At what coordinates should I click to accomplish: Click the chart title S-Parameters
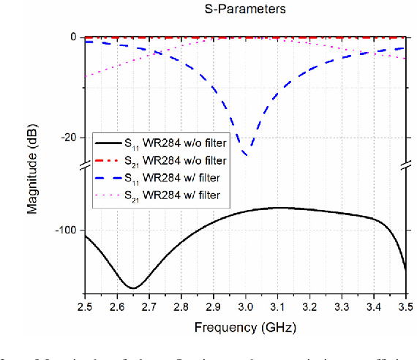pos(244,10)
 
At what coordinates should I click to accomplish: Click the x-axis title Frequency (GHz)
pos(245,326)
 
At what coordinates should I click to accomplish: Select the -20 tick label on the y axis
pos(69,138)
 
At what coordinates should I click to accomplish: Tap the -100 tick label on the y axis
pos(66,230)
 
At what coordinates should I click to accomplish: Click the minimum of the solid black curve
pos(133,287)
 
